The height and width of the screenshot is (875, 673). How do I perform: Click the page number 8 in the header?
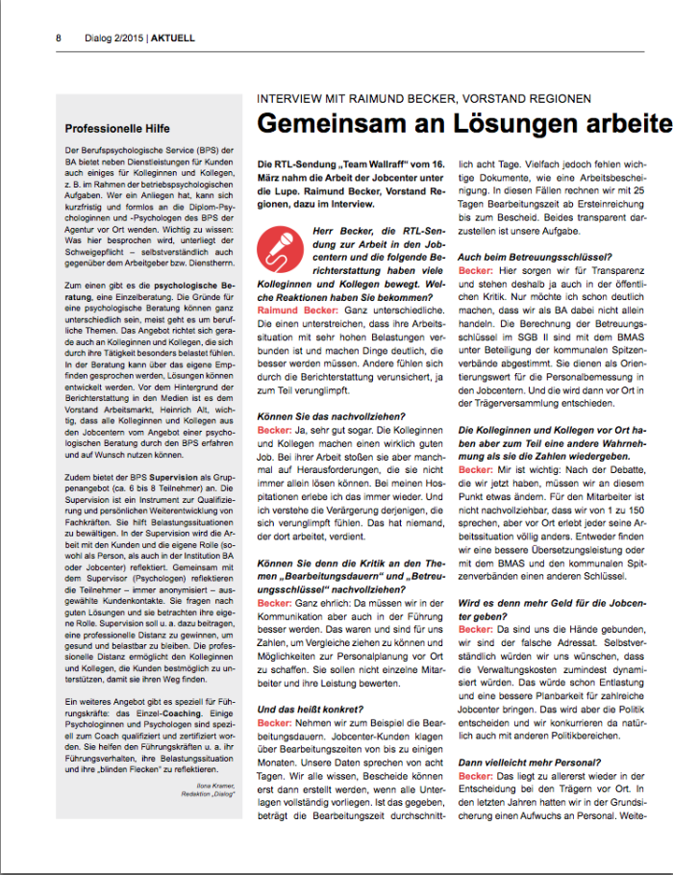(x=59, y=38)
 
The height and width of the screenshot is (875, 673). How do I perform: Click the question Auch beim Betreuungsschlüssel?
(x=535, y=257)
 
